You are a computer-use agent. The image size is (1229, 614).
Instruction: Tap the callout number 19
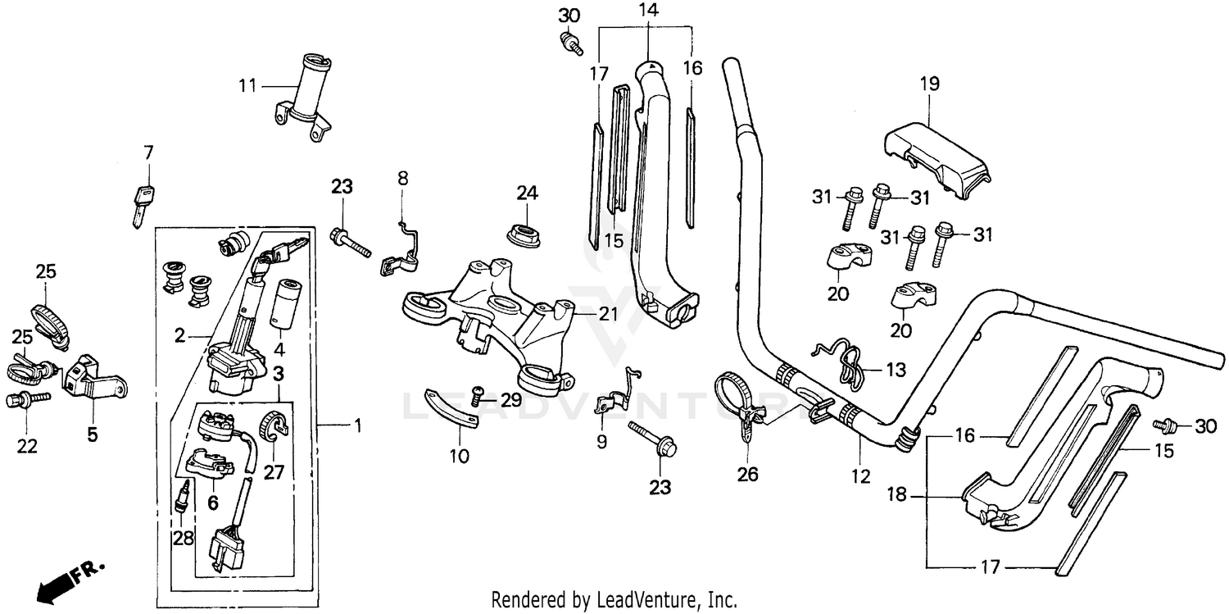929,84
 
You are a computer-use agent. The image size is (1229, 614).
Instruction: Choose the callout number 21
607,314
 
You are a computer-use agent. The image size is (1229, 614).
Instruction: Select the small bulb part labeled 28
184,497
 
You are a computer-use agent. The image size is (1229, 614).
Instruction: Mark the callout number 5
92,434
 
